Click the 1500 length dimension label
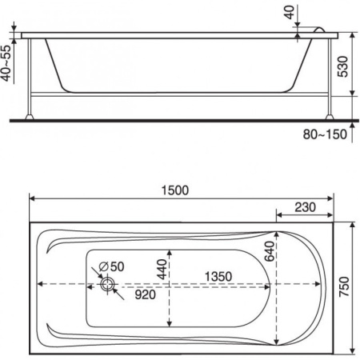click(x=175, y=190)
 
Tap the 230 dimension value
click(x=305, y=207)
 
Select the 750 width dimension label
click(x=344, y=286)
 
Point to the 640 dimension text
click(x=270, y=251)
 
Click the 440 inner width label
click(x=162, y=269)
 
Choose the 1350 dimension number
click(x=218, y=277)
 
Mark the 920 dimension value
click(x=146, y=294)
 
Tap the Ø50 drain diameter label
click(x=111, y=266)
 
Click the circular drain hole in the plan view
click(x=108, y=284)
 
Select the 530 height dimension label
click(x=343, y=66)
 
